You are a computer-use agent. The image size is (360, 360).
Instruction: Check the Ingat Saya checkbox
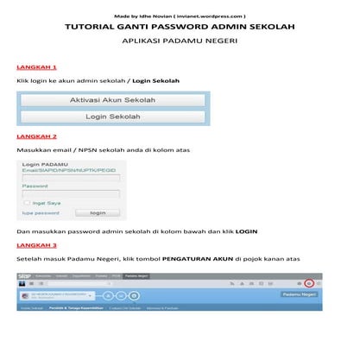(27, 203)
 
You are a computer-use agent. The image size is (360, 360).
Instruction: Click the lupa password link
(41, 212)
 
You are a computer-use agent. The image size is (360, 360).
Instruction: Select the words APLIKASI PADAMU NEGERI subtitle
(180, 41)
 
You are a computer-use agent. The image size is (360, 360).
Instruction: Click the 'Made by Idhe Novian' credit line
(180, 16)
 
